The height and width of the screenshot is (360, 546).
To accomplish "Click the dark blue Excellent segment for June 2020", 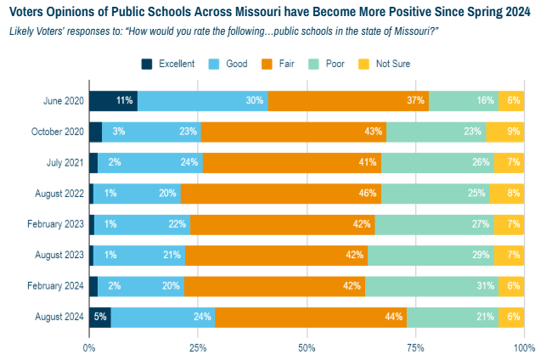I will [113, 100].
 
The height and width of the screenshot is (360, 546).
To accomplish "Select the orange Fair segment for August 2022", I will [280, 193].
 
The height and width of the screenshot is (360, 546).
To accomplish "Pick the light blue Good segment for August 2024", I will [163, 318].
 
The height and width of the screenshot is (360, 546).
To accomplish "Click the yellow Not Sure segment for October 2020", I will [504, 132].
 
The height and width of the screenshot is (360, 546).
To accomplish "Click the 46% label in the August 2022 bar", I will [368, 194].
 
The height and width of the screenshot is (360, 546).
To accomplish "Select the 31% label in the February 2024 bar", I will [485, 287].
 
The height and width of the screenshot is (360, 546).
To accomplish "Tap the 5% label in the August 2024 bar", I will [99, 318].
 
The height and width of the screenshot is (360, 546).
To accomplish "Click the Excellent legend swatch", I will [148, 64].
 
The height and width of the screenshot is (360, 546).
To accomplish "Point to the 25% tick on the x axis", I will [198, 346].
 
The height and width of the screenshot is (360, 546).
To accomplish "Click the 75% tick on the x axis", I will [416, 346].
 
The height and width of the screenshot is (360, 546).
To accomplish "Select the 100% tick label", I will [524, 346].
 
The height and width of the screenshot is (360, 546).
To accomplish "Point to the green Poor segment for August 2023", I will [431, 256].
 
